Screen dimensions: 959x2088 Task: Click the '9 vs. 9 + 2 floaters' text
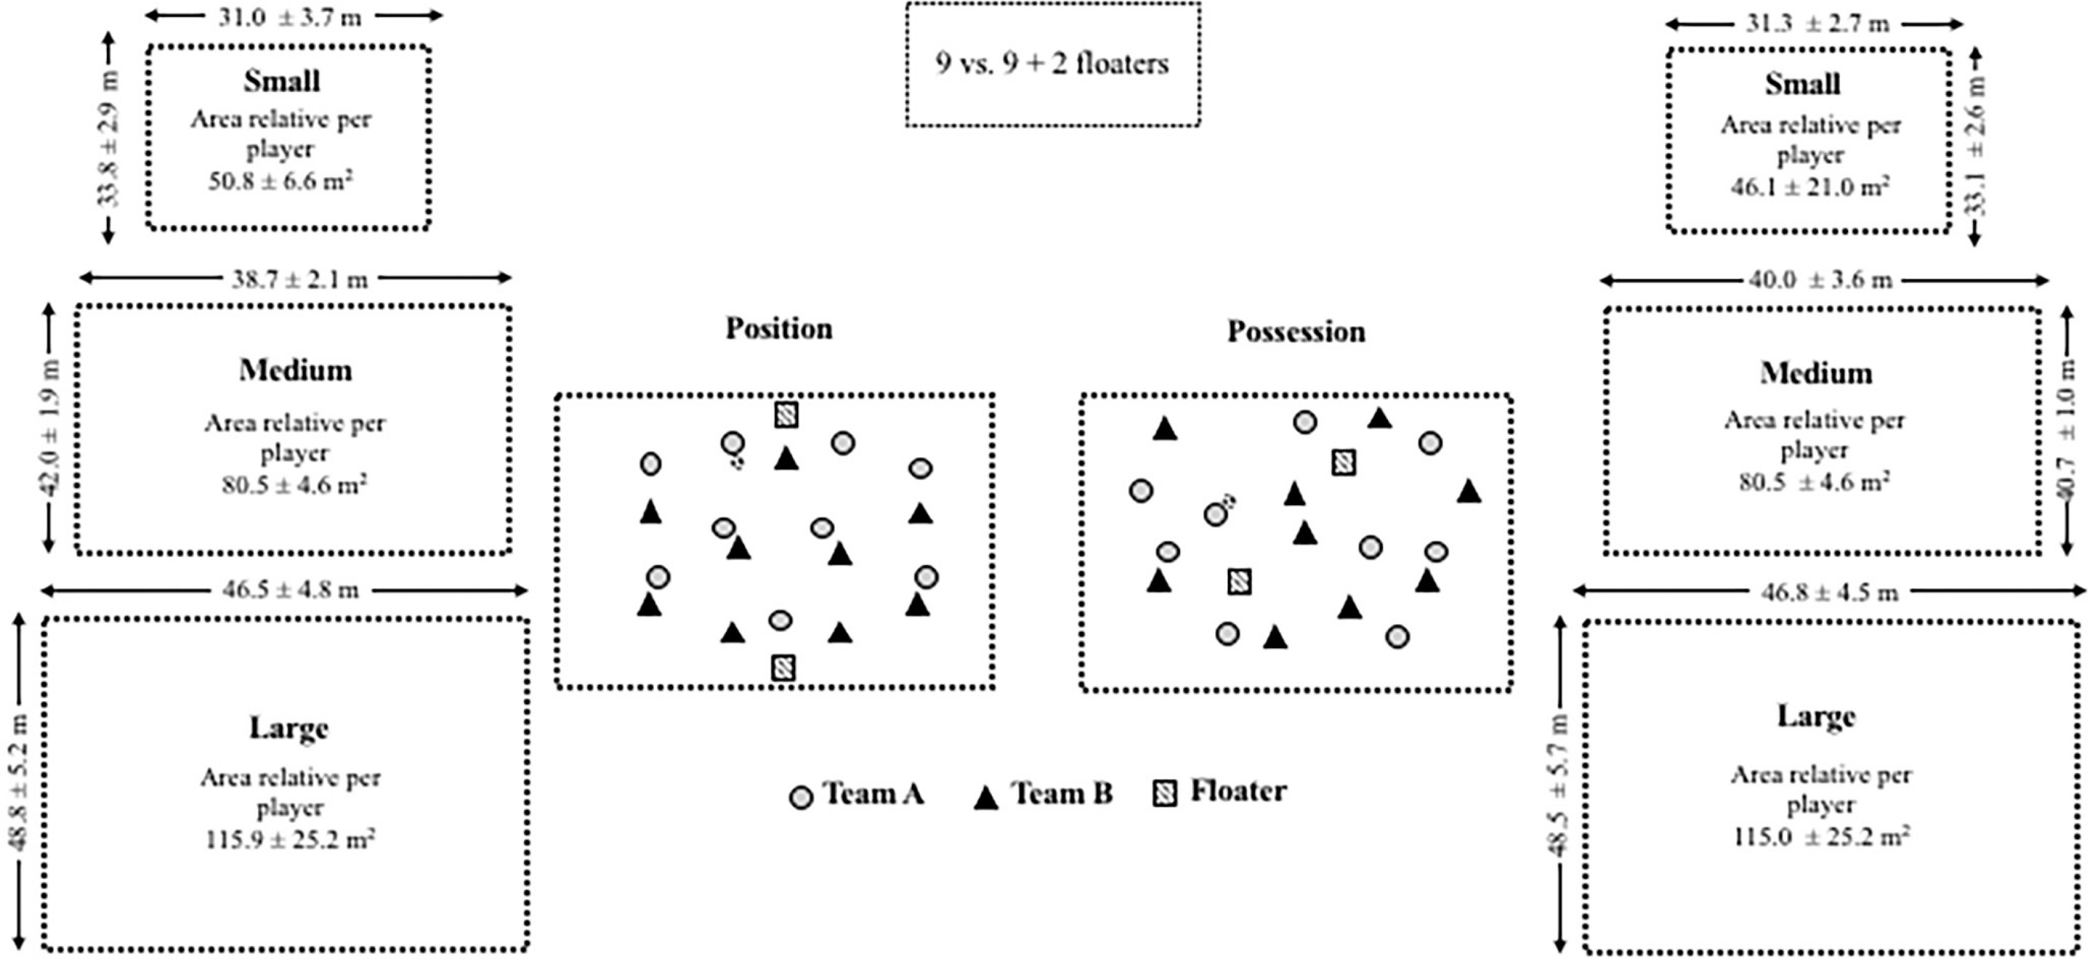(1052, 63)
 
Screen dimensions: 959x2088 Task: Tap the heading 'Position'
(778, 328)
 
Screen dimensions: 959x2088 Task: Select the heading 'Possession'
(1295, 331)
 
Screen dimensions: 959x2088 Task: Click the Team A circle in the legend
(801, 797)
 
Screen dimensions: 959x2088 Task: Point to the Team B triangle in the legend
(986, 797)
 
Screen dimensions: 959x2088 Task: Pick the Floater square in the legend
(1165, 794)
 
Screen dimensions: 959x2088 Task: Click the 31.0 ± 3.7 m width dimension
(290, 17)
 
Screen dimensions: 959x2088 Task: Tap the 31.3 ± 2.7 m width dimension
(1816, 24)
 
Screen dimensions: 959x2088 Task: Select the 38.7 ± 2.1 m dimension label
(299, 280)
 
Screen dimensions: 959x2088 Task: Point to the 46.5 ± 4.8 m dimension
(290, 589)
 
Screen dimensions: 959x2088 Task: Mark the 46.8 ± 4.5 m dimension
(1829, 592)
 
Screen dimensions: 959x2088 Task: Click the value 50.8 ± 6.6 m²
(280, 180)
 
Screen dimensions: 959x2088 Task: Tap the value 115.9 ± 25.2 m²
(290, 838)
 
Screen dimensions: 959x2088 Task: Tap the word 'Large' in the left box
(288, 728)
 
